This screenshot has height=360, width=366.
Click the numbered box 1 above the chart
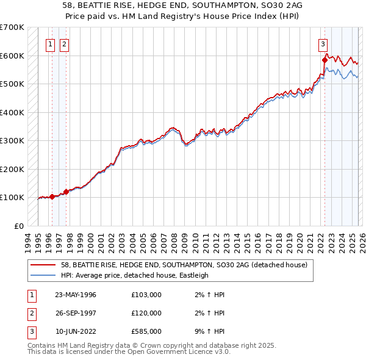[x=49, y=43]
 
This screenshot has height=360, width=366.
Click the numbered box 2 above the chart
[x=64, y=43]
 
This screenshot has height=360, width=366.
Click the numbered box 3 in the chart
[x=322, y=43]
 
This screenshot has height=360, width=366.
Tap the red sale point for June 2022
[x=325, y=60]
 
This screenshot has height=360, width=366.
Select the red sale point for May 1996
[x=52, y=196]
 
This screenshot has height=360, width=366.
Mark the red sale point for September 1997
[x=66, y=192]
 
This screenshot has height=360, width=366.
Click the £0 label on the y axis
[x=19, y=226]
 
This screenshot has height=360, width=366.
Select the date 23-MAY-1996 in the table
[x=76, y=295]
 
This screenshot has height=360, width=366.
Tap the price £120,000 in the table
[x=146, y=313]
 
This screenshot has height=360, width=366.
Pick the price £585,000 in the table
[x=146, y=331]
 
